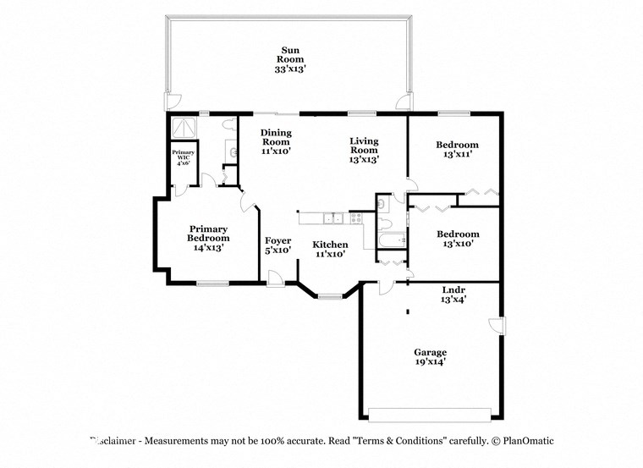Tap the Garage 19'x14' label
click(430, 356)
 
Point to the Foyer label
click(278, 245)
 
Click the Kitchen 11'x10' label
click(331, 249)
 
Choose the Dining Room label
click(276, 141)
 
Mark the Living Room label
click(365, 150)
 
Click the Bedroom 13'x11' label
click(456, 149)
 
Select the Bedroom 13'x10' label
click(457, 238)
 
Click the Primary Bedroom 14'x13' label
click(208, 238)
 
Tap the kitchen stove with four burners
click(356, 217)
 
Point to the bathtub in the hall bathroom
click(391, 242)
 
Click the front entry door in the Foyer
click(276, 277)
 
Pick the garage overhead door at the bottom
click(430, 415)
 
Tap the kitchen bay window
click(330, 296)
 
